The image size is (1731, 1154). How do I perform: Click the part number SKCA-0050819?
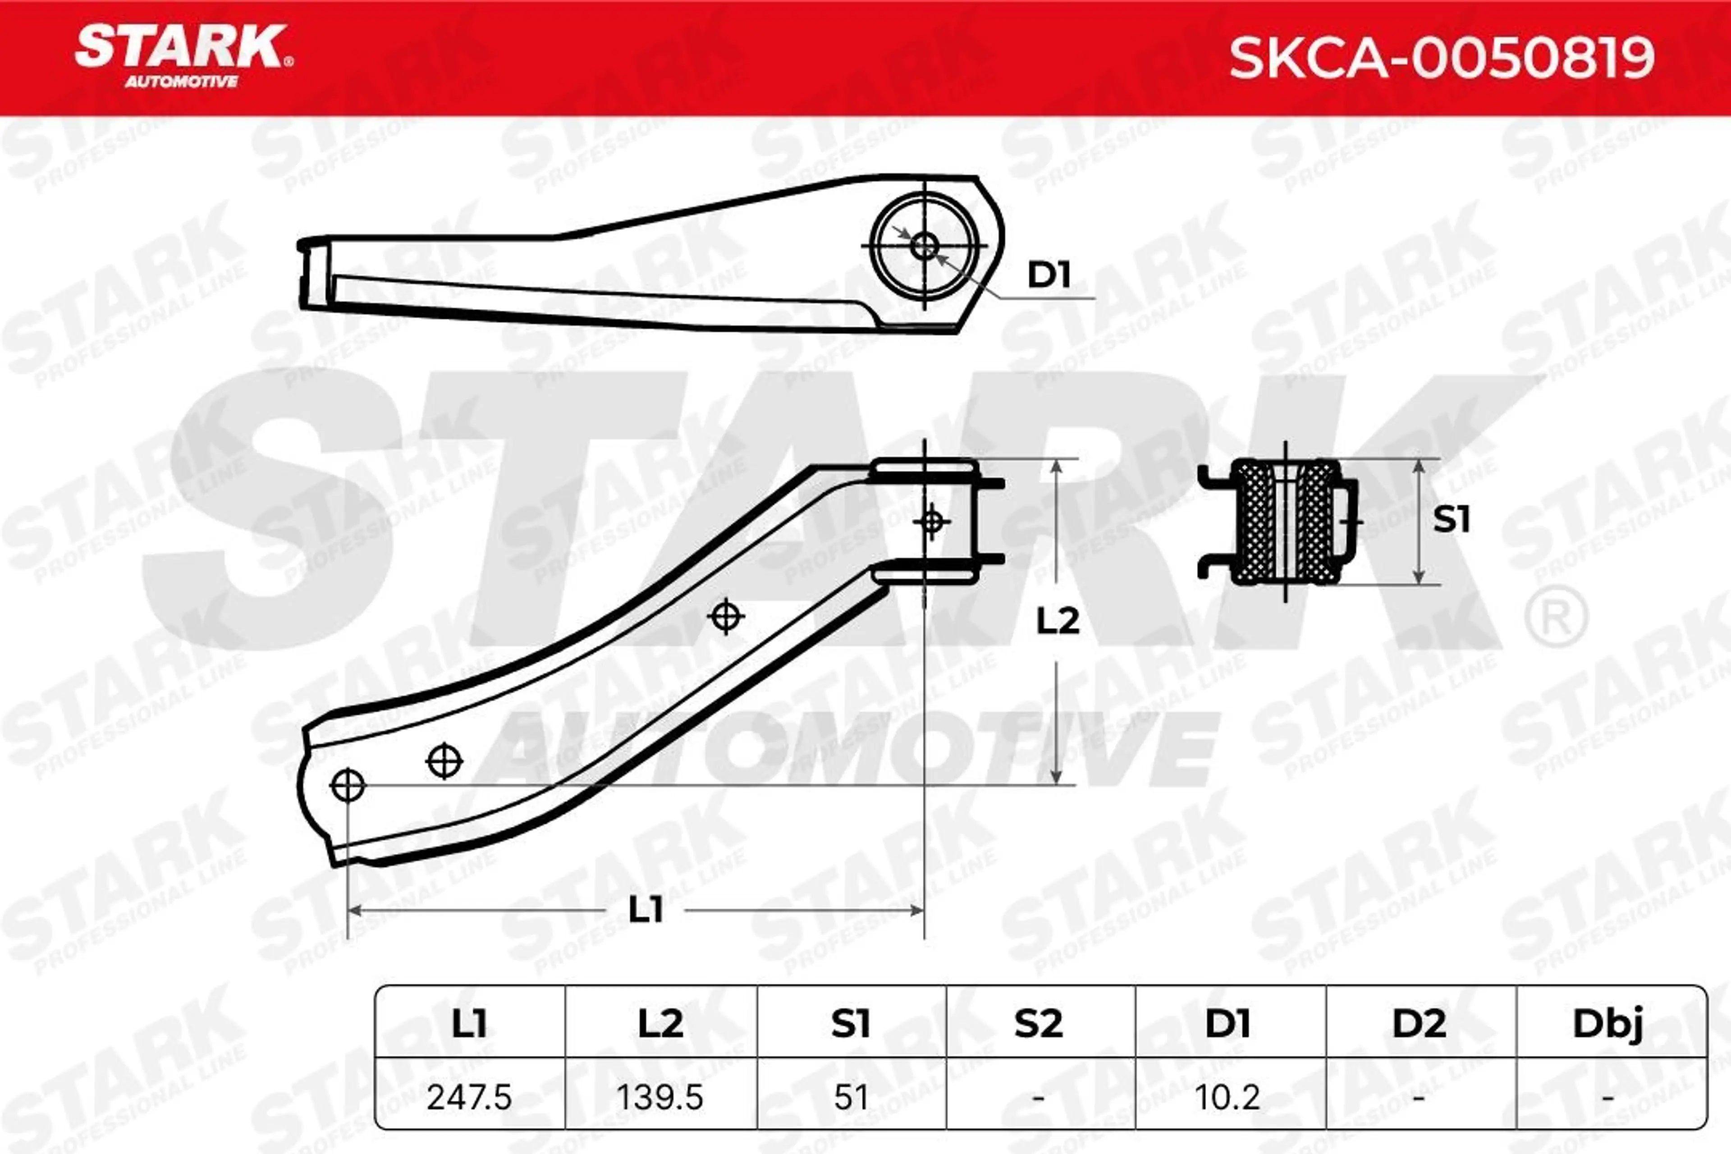(x=1442, y=57)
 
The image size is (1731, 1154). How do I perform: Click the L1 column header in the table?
(x=469, y=1023)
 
